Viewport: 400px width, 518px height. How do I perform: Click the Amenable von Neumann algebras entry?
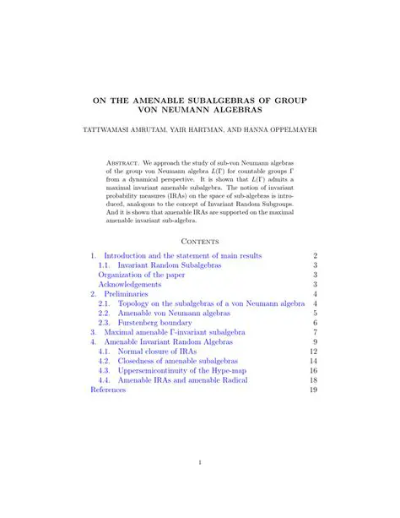169,313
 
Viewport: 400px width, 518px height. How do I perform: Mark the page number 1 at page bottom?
200,462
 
